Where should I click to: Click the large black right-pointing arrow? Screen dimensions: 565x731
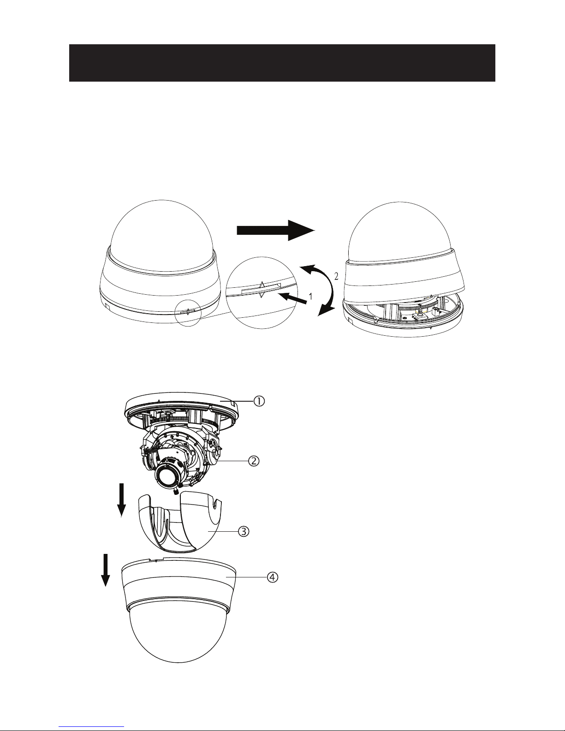click(x=276, y=230)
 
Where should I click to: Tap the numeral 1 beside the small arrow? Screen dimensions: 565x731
click(x=310, y=297)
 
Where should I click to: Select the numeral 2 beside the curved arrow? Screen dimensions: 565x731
click(x=336, y=276)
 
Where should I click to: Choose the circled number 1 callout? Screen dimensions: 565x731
click(x=259, y=401)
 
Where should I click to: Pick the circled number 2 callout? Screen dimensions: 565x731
click(x=254, y=461)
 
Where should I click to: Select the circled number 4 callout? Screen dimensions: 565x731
click(x=273, y=577)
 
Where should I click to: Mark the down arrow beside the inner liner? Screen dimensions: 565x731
click(x=121, y=500)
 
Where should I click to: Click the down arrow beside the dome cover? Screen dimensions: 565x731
click(x=106, y=570)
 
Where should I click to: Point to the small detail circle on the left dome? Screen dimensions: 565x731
click(x=188, y=313)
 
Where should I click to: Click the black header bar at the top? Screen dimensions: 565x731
click(x=282, y=63)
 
